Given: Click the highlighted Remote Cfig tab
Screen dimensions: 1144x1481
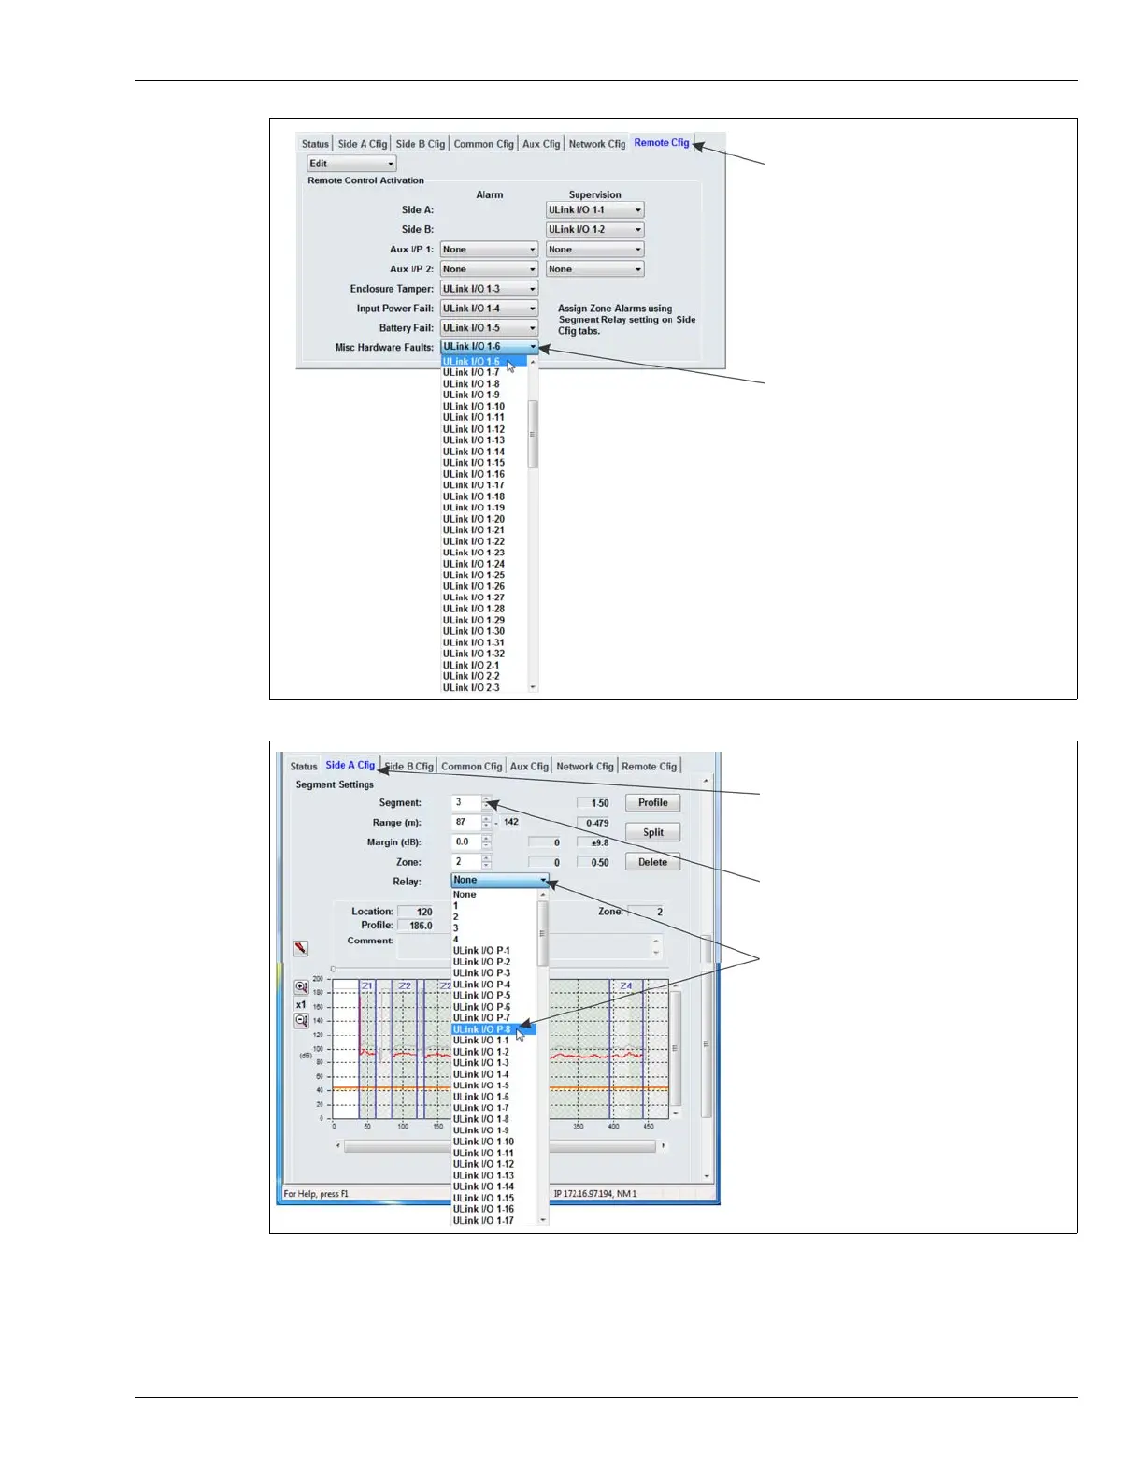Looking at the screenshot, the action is pyautogui.click(x=661, y=143).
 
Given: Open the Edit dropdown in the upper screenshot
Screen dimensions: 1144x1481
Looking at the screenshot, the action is pyautogui.click(x=351, y=164).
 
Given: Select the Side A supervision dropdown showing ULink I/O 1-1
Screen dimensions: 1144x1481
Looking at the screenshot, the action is pyautogui.click(x=595, y=210).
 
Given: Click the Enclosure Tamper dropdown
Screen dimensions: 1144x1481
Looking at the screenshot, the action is pyautogui.click(x=489, y=289).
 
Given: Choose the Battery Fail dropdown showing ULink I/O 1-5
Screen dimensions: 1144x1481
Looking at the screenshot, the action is pyautogui.click(x=489, y=328).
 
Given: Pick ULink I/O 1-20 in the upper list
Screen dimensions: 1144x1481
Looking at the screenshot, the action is pyautogui.click(x=474, y=519).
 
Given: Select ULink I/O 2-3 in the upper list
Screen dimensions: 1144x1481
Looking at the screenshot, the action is pyautogui.click(x=472, y=688).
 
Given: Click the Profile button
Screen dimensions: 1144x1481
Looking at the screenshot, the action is pyautogui.click(x=652, y=803).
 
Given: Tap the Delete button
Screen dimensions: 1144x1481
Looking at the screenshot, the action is pyautogui.click(x=652, y=862).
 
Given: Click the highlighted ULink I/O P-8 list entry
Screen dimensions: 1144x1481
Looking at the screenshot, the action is pyautogui.click(x=483, y=1029).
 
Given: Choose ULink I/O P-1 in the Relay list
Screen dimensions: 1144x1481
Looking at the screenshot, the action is pyautogui.click(x=482, y=951).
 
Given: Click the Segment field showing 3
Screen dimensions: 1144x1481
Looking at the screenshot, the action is pyautogui.click(x=465, y=802).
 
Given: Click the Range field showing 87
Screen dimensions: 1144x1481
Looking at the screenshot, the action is pyautogui.click(x=465, y=823).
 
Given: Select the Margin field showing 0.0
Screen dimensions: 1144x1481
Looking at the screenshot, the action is pyautogui.click(x=465, y=842).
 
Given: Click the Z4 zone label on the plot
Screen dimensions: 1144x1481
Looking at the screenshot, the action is pyautogui.click(x=625, y=986).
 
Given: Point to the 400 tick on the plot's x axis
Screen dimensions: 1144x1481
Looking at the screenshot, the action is pyautogui.click(x=613, y=1127).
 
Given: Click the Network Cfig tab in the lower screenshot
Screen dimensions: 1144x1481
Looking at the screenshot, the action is pyautogui.click(x=585, y=767).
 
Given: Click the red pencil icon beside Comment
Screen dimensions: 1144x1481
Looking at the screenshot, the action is pyautogui.click(x=301, y=948).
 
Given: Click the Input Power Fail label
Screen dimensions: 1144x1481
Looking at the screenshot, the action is pyautogui.click(x=394, y=309).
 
